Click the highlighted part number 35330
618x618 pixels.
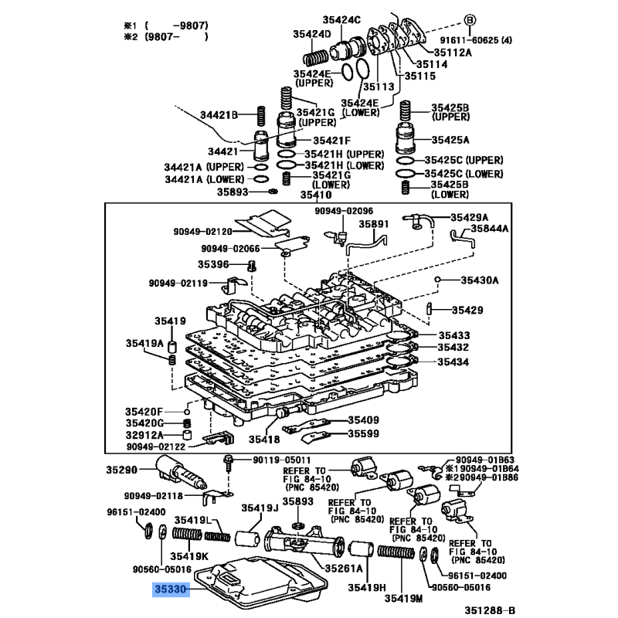pos(171,589)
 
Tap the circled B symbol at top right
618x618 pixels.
pos(470,20)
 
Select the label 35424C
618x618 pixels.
pos(341,20)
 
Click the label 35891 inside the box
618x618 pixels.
pos(373,224)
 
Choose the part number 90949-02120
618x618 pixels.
pos(202,231)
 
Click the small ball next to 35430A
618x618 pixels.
pos(437,280)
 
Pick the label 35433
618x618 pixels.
pos(454,335)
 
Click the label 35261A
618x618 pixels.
pos(343,569)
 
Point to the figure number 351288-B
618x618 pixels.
pos(490,610)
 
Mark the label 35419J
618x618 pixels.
pos(260,508)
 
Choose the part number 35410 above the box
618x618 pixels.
pos(316,195)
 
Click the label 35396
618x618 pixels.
pos(213,264)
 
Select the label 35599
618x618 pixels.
pos(363,433)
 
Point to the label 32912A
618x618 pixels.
pos(144,435)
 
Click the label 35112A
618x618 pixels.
pos(453,53)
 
